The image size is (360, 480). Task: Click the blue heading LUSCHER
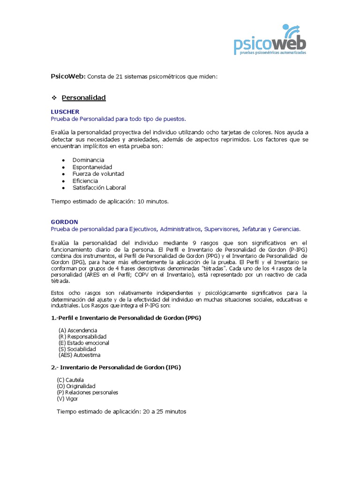(65, 112)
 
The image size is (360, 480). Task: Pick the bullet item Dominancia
(88, 160)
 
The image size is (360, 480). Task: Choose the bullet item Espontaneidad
(92, 167)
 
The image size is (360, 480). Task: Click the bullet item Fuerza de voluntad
(98, 173)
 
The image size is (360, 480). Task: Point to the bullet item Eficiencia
(85, 180)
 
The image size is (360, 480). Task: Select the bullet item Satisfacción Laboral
(99, 187)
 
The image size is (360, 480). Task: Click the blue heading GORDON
(64, 222)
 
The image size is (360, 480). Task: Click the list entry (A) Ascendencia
(78, 330)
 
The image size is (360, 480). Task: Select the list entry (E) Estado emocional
(83, 343)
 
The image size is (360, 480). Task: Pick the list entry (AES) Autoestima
(79, 355)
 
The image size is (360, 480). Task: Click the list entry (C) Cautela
(71, 380)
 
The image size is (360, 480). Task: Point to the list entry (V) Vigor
(68, 398)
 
